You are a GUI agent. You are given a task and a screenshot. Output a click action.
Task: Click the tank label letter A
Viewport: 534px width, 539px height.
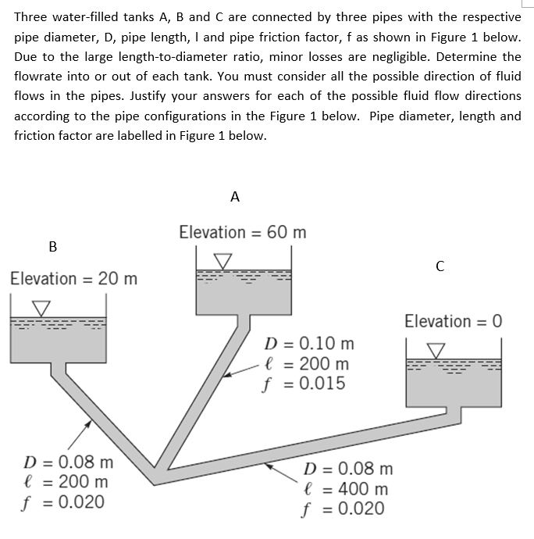(x=236, y=197)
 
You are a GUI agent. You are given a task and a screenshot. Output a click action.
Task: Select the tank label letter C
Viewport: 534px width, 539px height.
(x=440, y=266)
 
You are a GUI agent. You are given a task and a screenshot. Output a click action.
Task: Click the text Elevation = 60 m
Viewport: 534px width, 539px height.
(x=243, y=232)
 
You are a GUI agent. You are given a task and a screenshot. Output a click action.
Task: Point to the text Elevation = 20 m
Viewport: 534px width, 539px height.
(x=74, y=278)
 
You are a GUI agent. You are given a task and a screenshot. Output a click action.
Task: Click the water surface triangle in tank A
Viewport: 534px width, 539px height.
(x=223, y=259)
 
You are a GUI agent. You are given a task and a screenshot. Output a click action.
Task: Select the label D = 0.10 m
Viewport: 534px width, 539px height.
(x=310, y=344)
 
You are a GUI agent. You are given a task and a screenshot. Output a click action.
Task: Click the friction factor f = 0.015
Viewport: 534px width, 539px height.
(x=305, y=384)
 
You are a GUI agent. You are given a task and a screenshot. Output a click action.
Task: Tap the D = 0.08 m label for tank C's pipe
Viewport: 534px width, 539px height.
(x=347, y=469)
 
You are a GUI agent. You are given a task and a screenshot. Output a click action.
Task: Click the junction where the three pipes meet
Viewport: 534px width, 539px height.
(x=163, y=471)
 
